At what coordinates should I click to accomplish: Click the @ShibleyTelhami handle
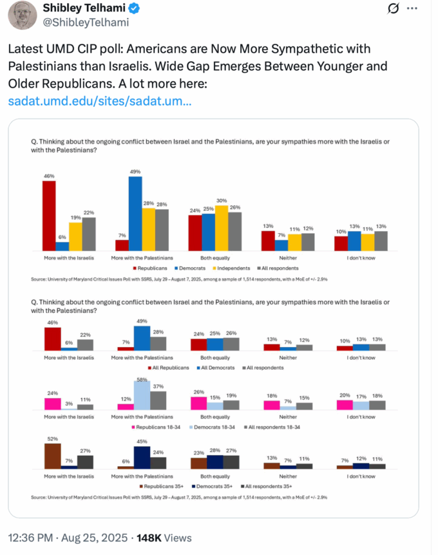tap(86, 23)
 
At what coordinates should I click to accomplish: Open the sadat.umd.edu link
tap(100, 101)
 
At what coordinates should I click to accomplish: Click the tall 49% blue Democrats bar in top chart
tap(135, 213)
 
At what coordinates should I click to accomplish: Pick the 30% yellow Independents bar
tap(221, 228)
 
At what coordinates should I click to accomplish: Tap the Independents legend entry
tap(238, 268)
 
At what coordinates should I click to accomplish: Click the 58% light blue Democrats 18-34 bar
tap(142, 395)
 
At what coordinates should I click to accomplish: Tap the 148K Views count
tap(155, 538)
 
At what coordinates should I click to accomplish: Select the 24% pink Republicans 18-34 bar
tap(52, 404)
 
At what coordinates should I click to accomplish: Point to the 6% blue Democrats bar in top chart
tap(62, 246)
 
